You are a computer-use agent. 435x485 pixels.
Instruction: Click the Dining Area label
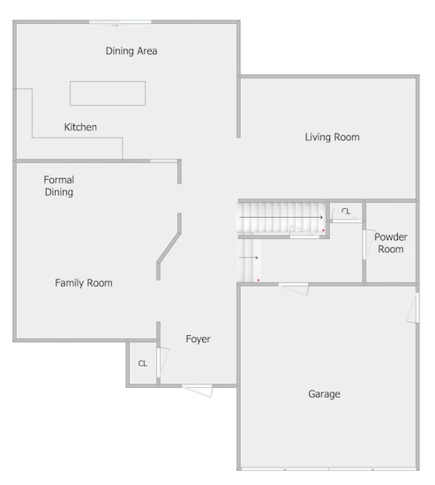131,51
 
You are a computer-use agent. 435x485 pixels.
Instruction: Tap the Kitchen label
80,127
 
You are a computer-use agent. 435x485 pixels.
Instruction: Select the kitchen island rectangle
108,93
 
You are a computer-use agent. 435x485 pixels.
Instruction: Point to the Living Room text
333,138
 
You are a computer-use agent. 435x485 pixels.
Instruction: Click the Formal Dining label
59,186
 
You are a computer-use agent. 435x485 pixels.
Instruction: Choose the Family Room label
84,283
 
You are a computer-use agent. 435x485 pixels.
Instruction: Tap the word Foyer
199,339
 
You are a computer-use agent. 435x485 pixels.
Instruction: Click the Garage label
324,394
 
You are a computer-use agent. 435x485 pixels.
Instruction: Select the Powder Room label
391,243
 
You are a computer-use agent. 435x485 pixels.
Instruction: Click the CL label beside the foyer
143,363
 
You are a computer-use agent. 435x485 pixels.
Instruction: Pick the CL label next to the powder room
346,212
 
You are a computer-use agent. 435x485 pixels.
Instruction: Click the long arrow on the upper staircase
281,218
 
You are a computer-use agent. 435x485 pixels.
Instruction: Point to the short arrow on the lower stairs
249,257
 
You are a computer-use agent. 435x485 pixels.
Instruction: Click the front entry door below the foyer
198,391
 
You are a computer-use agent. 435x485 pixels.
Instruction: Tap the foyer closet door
163,362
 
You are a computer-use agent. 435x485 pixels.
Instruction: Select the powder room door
367,244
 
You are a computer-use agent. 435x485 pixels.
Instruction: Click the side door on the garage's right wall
413,308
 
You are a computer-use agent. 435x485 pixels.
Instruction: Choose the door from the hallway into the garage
294,288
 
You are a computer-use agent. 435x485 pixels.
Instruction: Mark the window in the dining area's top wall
120,22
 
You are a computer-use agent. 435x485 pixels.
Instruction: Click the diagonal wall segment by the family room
169,248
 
